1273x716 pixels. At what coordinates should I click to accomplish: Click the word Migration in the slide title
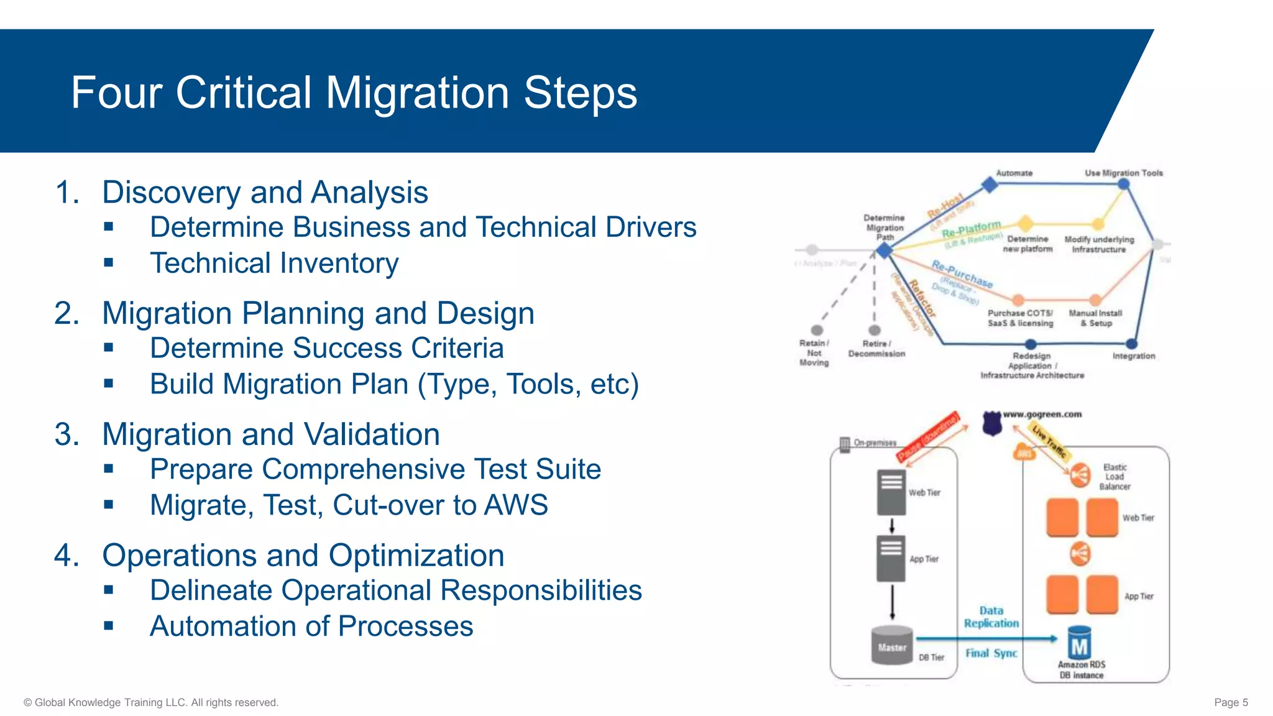[417, 93]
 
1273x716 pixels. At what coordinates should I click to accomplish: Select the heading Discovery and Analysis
[265, 192]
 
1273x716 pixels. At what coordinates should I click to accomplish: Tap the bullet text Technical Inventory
[274, 263]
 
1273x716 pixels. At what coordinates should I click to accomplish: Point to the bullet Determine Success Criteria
[326, 348]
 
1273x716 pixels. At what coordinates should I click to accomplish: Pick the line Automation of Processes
[311, 626]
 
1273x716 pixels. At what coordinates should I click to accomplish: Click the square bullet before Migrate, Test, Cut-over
[109, 505]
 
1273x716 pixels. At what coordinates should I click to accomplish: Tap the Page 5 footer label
[1230, 702]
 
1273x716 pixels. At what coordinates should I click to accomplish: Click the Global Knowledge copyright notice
[151, 702]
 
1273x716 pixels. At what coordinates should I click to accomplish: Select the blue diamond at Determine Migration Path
[884, 250]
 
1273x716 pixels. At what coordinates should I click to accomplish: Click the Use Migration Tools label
[1123, 173]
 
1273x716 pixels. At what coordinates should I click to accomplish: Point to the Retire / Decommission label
[876, 349]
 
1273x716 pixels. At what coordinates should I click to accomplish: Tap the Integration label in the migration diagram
[1133, 356]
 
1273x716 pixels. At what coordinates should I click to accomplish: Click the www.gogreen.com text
[1042, 414]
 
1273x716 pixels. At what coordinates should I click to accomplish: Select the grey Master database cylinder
[892, 646]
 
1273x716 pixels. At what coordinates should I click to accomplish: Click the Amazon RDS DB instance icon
[1080, 644]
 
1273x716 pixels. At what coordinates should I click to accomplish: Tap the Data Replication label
[991, 617]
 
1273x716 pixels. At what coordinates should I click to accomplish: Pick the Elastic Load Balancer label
[1114, 477]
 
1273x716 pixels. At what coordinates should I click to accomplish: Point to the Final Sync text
[991, 653]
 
